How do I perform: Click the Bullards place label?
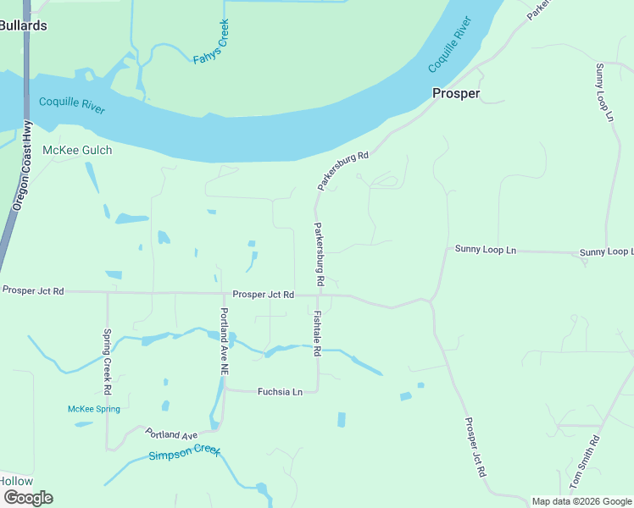(x=24, y=25)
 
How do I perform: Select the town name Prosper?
(x=456, y=93)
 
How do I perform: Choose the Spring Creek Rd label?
(x=108, y=362)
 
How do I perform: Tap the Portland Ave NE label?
(x=225, y=342)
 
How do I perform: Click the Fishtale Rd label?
(x=317, y=334)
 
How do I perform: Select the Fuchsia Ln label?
(x=280, y=392)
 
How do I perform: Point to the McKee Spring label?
(x=93, y=409)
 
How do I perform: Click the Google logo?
(x=28, y=498)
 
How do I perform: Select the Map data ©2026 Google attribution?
(x=581, y=501)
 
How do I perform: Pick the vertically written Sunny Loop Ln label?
(x=603, y=94)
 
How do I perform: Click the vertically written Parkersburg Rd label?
(x=320, y=253)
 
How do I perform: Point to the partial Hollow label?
(x=15, y=481)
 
